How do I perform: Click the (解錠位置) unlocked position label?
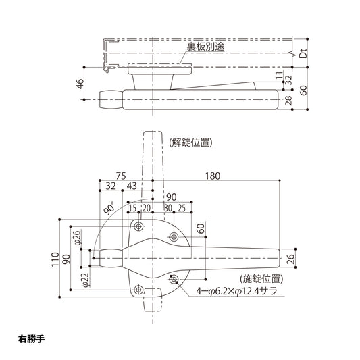point(192,143)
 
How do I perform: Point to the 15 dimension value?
point(132,208)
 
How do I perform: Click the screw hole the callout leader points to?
point(174,278)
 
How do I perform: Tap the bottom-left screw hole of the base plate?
point(138,290)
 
